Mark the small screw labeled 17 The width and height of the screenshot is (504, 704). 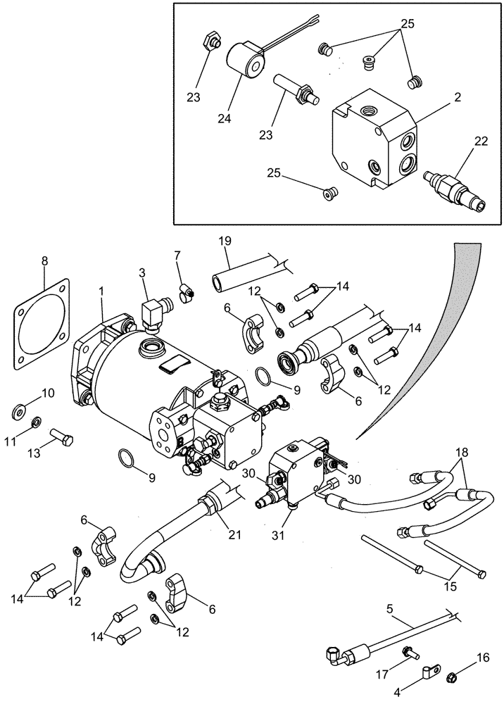tap(408, 654)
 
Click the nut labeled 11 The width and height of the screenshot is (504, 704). tap(37, 422)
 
